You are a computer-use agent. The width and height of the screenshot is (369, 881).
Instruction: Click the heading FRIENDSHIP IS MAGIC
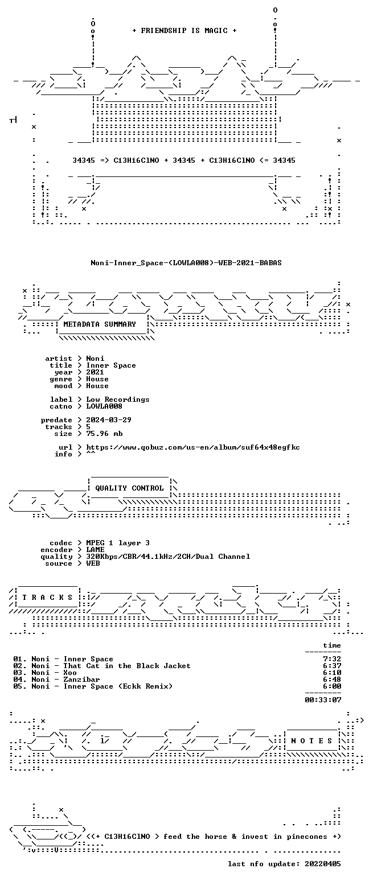click(184, 31)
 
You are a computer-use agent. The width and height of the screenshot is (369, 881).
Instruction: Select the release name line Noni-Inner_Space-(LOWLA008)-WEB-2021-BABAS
click(186, 263)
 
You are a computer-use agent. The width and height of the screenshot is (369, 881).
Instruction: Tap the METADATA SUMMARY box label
click(100, 324)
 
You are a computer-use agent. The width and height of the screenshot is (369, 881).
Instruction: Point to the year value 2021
click(95, 372)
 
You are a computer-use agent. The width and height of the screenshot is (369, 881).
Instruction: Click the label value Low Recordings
click(118, 400)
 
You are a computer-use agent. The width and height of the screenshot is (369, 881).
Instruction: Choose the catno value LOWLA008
click(104, 406)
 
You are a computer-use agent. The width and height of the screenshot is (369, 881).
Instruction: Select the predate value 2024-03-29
click(109, 420)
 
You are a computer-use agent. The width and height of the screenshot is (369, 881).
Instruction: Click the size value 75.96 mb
click(104, 434)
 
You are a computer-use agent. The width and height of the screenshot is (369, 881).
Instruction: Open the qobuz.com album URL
click(193, 447)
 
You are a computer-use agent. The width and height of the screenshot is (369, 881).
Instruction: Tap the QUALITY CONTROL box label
click(129, 488)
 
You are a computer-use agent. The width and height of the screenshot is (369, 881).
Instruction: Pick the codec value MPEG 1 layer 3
click(118, 543)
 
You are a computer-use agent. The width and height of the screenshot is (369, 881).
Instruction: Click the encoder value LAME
click(95, 550)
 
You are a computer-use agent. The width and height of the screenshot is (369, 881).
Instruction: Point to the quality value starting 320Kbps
click(168, 557)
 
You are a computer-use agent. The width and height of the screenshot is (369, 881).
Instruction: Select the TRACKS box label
click(48, 598)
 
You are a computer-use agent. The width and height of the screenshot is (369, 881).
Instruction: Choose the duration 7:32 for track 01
click(332, 659)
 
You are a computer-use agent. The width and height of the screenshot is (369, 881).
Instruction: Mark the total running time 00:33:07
click(323, 699)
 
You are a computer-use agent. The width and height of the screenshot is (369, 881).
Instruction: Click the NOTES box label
click(311, 741)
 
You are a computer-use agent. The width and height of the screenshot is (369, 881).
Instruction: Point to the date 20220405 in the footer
click(323, 864)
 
